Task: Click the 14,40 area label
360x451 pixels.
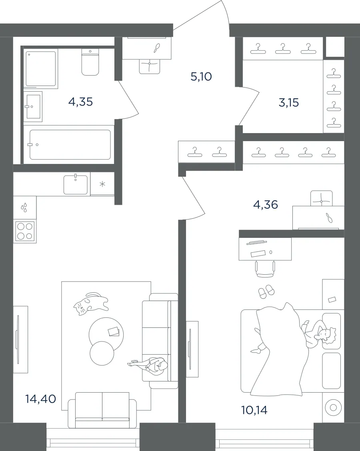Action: (x=40, y=399)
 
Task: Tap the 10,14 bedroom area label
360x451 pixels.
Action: (x=254, y=410)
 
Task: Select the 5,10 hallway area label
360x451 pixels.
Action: (x=201, y=76)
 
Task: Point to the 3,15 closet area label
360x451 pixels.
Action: (x=289, y=102)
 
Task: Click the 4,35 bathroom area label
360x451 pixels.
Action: (x=80, y=102)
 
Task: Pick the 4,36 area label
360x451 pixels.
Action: (x=266, y=205)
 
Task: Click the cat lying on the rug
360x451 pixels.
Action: (x=91, y=304)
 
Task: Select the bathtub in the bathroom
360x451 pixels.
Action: (x=70, y=145)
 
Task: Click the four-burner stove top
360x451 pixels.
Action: (x=25, y=231)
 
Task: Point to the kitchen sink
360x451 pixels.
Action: (x=75, y=184)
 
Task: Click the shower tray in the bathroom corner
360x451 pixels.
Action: (x=40, y=69)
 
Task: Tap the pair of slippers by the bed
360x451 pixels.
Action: (x=266, y=291)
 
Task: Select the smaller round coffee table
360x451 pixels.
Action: (x=102, y=353)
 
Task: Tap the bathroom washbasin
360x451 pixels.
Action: (x=33, y=107)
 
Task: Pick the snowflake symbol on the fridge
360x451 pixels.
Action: (x=102, y=184)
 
